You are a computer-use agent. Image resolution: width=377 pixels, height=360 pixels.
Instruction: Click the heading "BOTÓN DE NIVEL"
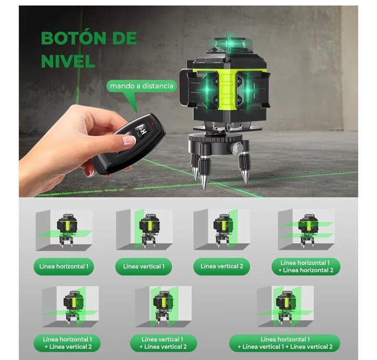(88, 49)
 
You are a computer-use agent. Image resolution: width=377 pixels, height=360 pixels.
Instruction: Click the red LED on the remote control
(153, 124)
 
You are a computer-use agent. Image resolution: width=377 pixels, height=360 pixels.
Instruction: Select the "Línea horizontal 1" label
(64, 266)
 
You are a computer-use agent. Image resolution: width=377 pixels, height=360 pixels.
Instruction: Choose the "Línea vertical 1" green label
(144, 266)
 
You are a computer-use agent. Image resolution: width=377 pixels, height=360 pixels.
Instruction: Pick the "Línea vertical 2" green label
(222, 266)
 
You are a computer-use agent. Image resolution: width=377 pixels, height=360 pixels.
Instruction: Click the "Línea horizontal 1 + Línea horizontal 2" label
(306, 266)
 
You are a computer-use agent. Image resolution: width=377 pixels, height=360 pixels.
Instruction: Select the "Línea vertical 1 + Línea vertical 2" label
(163, 343)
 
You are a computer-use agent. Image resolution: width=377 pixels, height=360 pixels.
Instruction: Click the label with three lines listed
(284, 343)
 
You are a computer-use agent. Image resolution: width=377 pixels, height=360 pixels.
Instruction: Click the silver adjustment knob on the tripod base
(237, 149)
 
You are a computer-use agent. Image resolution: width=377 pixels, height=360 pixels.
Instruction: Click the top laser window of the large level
(229, 44)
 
